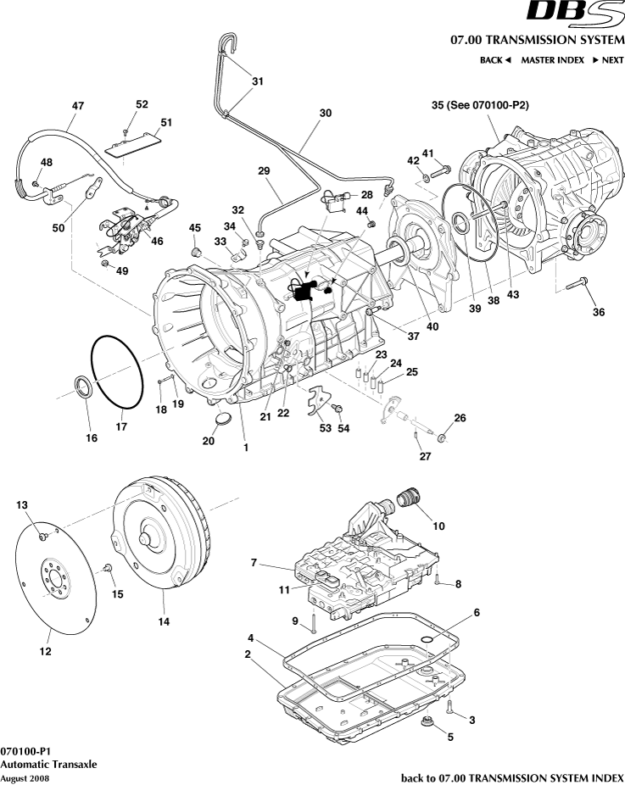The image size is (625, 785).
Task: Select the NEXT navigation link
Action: tap(607, 60)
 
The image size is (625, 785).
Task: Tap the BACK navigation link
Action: tap(495, 60)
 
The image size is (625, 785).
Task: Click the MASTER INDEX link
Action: tap(552, 60)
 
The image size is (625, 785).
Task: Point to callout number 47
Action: tap(77, 106)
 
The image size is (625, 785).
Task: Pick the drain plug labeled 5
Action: tap(427, 722)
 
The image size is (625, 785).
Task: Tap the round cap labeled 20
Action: tap(221, 419)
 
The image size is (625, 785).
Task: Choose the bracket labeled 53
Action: tap(317, 401)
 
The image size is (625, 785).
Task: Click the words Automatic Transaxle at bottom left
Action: tap(48, 764)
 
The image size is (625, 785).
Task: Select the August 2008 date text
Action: tap(19, 777)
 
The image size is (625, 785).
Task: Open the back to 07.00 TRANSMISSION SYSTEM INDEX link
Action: tap(511, 777)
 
